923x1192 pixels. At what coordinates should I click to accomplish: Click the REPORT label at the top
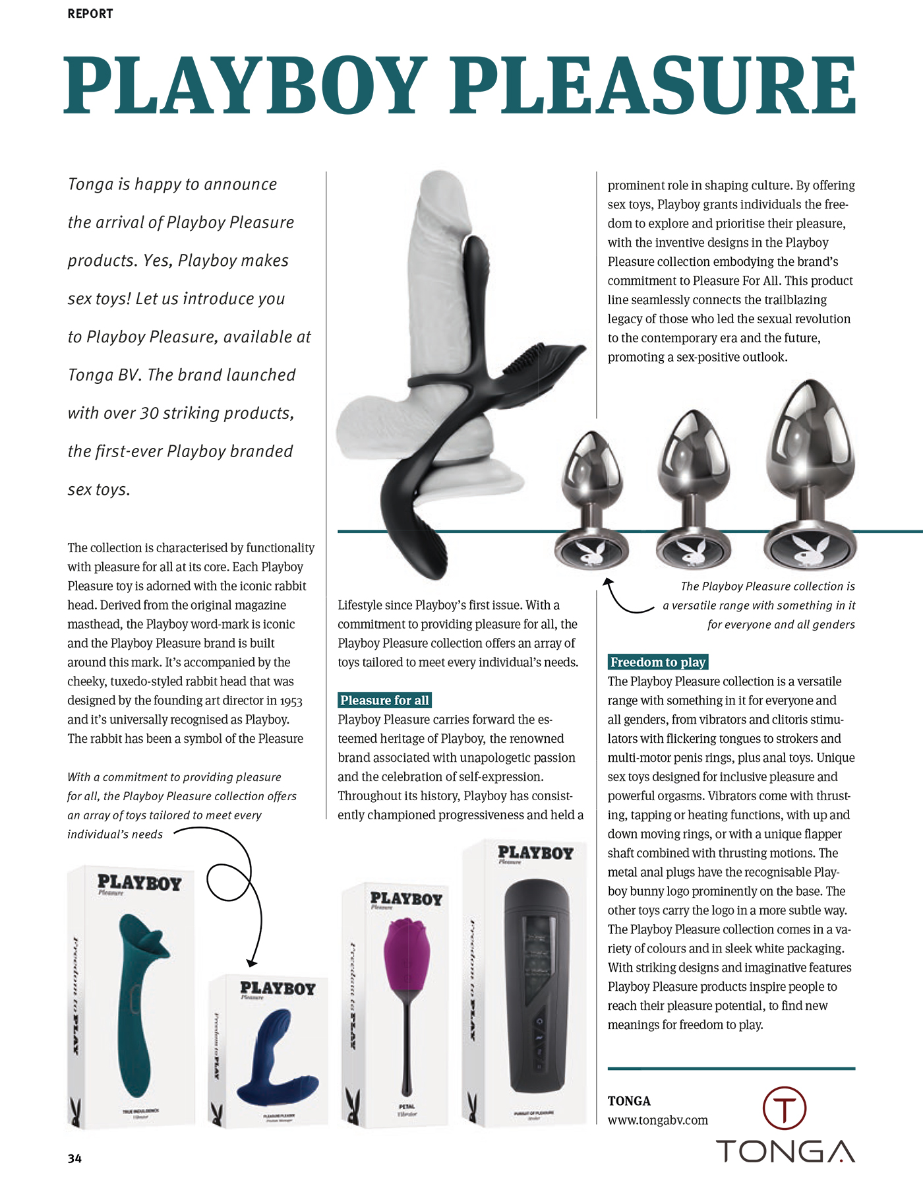(x=90, y=14)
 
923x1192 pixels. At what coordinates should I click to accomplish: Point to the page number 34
(x=74, y=1158)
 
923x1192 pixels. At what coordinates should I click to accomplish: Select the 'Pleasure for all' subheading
(x=384, y=700)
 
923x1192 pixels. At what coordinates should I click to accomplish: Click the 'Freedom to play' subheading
(x=657, y=662)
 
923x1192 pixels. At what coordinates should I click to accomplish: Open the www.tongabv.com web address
(x=657, y=1120)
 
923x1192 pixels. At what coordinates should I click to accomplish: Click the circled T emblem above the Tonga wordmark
(x=784, y=1108)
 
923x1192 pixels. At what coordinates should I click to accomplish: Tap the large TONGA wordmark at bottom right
(x=785, y=1151)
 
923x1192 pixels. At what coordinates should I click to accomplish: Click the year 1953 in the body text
(x=291, y=701)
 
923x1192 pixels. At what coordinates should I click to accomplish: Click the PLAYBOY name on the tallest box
(x=535, y=853)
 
